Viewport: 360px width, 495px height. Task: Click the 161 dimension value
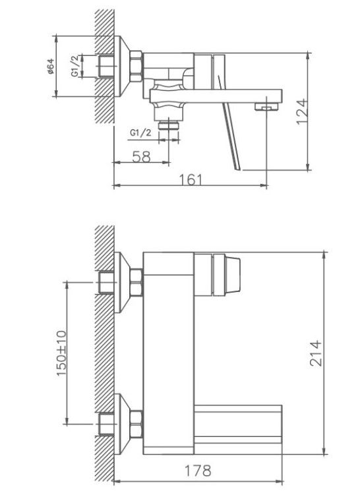[191, 180]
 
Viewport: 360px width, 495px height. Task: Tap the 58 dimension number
[142, 157]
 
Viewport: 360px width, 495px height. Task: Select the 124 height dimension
[302, 112]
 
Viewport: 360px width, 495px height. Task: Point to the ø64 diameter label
[51, 67]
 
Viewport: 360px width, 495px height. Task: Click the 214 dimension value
[315, 353]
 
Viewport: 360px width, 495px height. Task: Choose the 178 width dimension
[198, 471]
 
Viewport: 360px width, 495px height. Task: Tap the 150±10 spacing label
[61, 353]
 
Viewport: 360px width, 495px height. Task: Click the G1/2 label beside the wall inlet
[75, 66]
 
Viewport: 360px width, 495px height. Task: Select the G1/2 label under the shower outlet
[140, 132]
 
